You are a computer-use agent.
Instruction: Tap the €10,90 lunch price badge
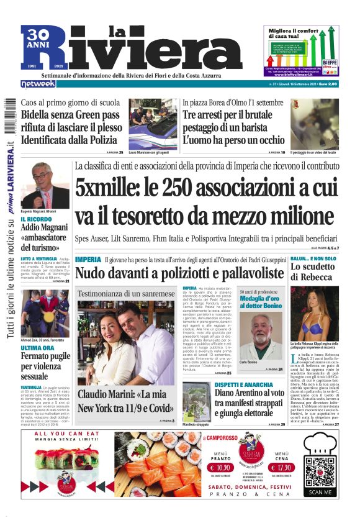pyautogui.click(x=220, y=468)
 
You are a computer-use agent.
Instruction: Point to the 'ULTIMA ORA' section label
pyautogui.click(x=38, y=330)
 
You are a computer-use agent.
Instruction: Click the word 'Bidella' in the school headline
pyautogui.click(x=43, y=115)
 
